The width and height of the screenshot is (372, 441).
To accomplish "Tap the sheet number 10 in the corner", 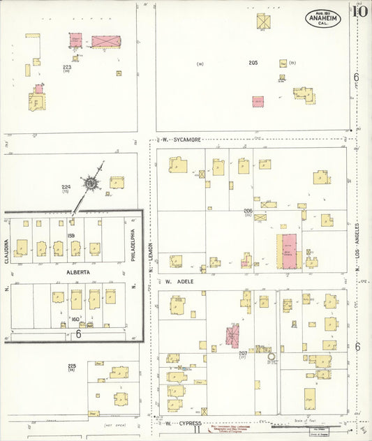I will pyautogui.click(x=360, y=10).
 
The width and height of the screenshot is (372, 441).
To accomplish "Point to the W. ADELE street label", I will pyautogui.click(x=179, y=281).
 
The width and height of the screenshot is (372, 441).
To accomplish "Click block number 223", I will pyautogui.click(x=66, y=67).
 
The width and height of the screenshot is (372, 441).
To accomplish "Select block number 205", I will pyautogui.click(x=253, y=63).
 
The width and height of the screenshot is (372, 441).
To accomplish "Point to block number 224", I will pyautogui.click(x=66, y=187).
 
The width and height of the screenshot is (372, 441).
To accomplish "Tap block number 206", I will pyautogui.click(x=248, y=210).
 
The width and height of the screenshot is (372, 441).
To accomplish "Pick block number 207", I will pyautogui.click(x=243, y=354).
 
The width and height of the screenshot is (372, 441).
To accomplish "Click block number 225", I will pyautogui.click(x=71, y=366).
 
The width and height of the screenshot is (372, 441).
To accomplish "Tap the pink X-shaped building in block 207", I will pyautogui.click(x=232, y=334).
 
